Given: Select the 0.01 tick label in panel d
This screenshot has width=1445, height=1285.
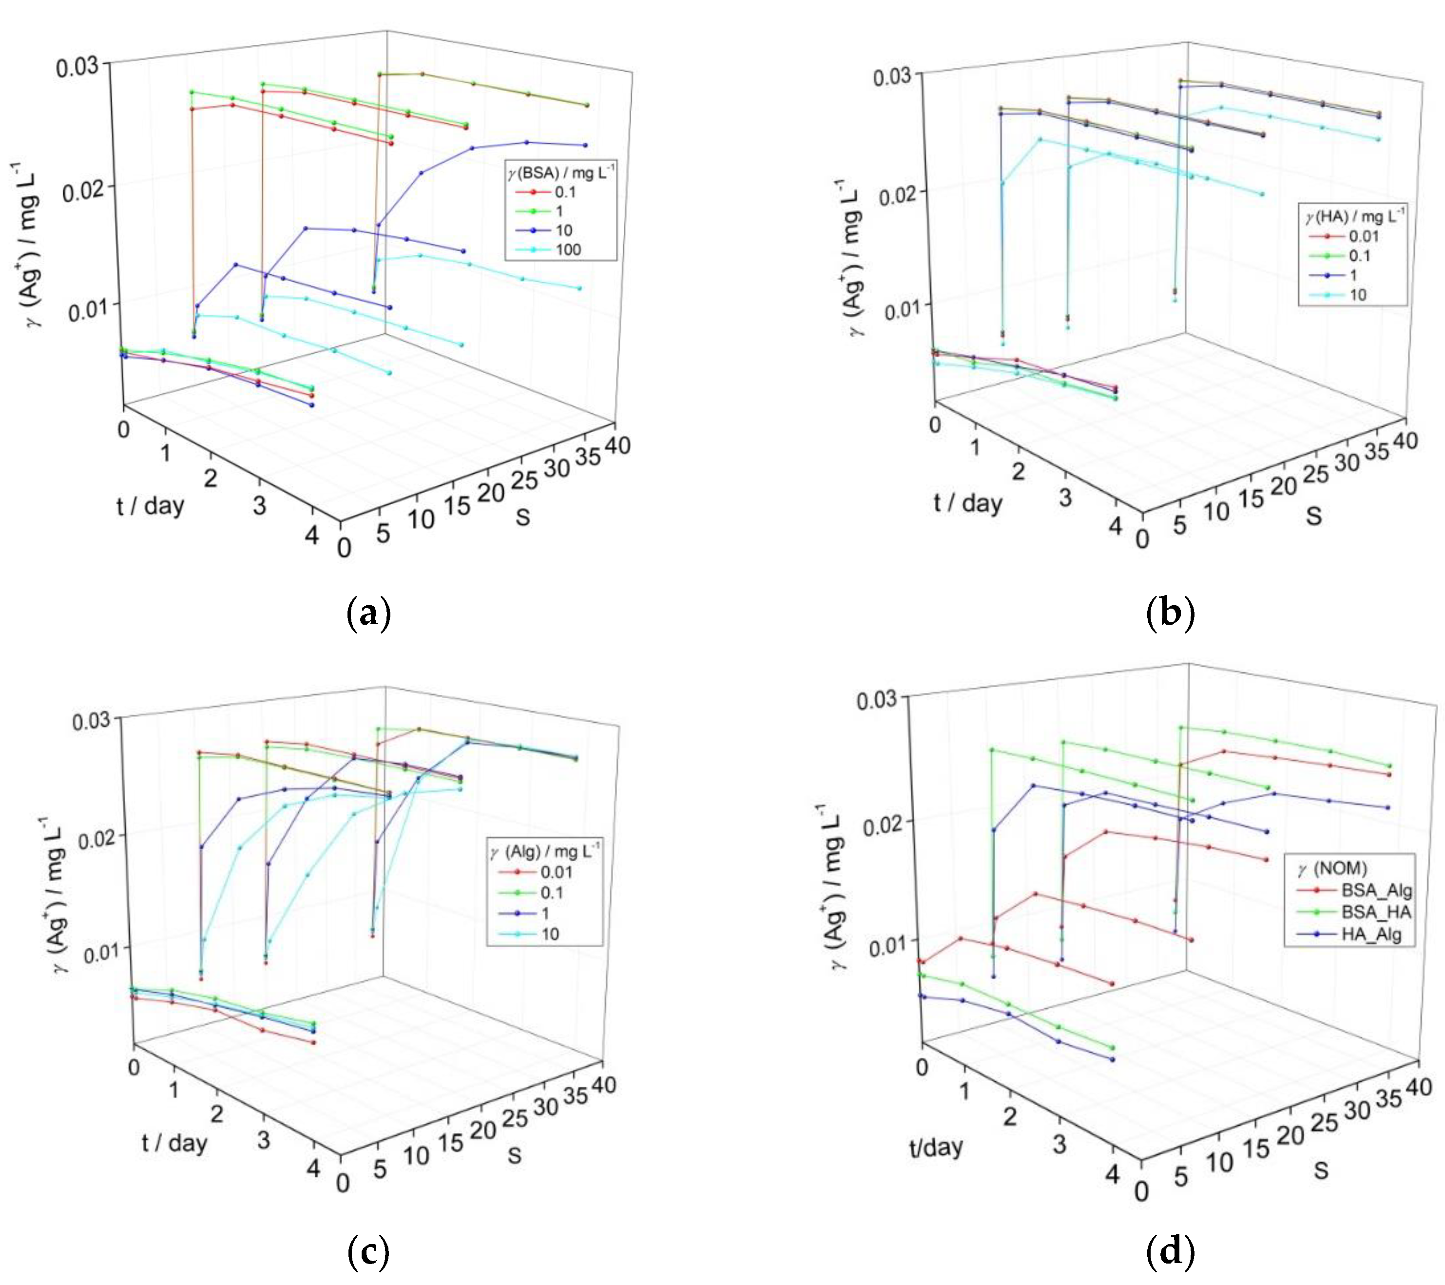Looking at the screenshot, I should [x=887, y=945].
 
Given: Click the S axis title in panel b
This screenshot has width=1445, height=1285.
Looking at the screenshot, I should [x=1313, y=516].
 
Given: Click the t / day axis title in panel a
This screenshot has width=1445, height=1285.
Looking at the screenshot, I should [x=150, y=506].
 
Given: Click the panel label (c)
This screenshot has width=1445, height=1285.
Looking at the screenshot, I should [x=369, y=1252].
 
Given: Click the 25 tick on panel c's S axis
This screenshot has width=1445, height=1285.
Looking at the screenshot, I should [x=515, y=1118].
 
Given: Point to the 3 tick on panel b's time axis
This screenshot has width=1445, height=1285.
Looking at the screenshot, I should [x=1065, y=498].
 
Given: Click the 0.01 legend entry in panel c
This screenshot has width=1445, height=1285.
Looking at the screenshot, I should [x=556, y=872].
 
